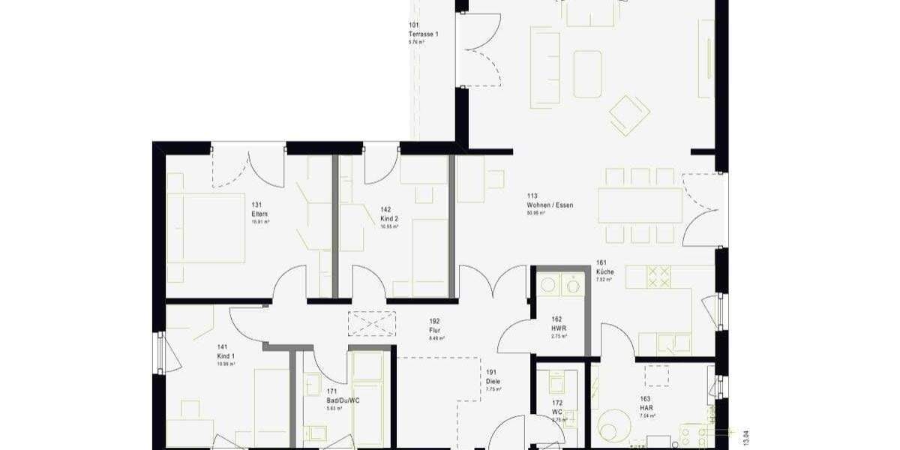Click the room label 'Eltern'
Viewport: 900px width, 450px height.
pos(259,214)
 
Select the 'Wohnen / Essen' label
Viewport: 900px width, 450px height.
pos(549,205)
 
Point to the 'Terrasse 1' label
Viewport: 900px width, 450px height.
pos(423,34)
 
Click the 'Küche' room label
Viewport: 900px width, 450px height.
pos(604,271)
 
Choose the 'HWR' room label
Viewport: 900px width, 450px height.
pos(558,328)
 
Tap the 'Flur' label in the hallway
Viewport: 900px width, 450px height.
pos(434,329)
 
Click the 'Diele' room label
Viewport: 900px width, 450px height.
pos(492,381)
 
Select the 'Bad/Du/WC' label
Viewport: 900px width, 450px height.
pos(340,400)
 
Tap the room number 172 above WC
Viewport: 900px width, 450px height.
pos(556,403)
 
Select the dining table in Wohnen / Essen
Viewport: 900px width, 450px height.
pos(640,205)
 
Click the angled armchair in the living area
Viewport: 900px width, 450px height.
pos(628,115)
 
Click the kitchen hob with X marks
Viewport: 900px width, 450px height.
pos(658,277)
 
